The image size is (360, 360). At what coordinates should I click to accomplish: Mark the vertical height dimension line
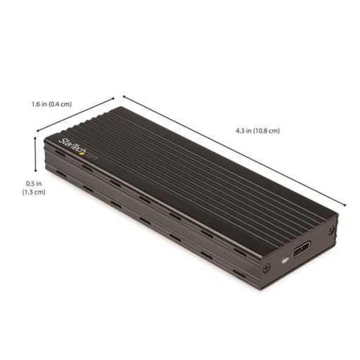(36, 155)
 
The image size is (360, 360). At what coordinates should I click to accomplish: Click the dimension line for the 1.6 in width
(75, 113)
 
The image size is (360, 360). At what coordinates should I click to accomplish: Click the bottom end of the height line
(36, 172)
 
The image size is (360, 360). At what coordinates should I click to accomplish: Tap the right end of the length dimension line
(345, 205)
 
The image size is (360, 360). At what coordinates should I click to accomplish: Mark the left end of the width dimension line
(37, 131)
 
